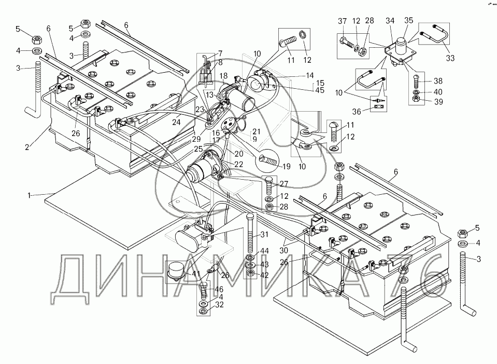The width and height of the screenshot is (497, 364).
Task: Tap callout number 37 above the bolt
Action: pyautogui.click(x=342, y=21)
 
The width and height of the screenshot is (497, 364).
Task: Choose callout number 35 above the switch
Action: pyautogui.click(x=409, y=21)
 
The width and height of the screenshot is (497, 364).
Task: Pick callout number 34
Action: pyautogui.click(x=390, y=21)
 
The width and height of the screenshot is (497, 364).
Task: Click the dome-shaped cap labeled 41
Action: pyautogui.click(x=176, y=271)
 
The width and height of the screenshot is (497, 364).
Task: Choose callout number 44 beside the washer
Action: pyautogui.click(x=264, y=251)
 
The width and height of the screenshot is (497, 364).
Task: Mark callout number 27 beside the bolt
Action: pyautogui.click(x=284, y=183)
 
